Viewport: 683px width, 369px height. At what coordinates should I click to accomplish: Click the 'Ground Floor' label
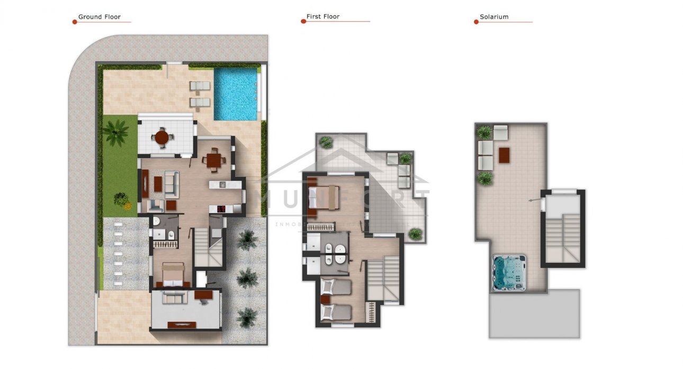tap(100, 17)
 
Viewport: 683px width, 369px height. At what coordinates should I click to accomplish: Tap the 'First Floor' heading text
tap(323, 17)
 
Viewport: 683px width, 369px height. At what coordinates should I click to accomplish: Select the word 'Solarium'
tap(494, 17)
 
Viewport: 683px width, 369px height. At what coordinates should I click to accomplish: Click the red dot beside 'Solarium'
tap(476, 22)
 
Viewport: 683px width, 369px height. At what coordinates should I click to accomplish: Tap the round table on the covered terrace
tap(162, 137)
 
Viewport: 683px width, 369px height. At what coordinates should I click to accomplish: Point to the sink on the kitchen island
tap(222, 185)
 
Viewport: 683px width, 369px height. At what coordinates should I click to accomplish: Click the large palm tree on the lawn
tap(115, 132)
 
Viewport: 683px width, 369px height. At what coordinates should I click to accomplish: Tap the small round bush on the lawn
tap(121, 199)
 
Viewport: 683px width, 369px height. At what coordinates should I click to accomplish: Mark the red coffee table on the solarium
tap(504, 154)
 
